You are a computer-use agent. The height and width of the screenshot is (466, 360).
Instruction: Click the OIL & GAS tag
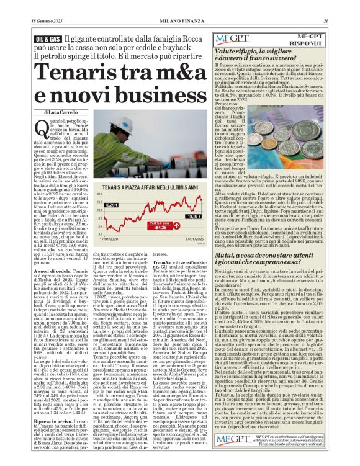point(47,39)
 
